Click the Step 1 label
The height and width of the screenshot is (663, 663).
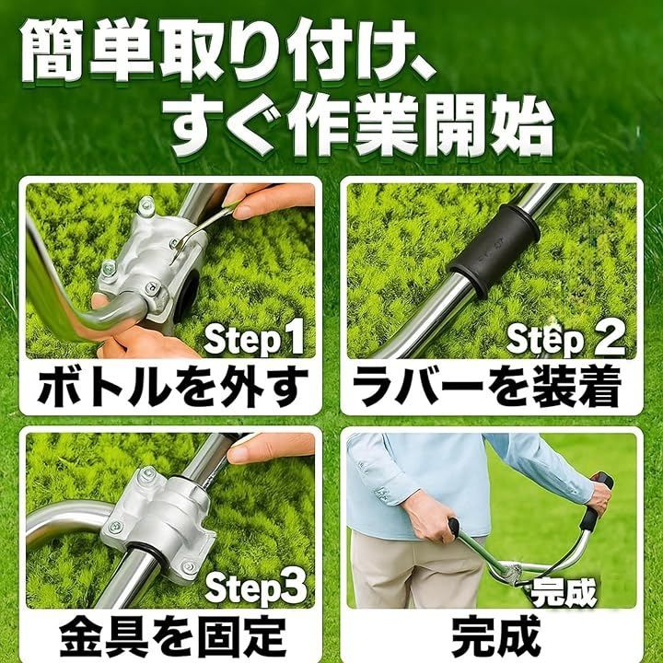[x=254, y=339]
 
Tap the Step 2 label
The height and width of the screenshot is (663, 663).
[x=565, y=339]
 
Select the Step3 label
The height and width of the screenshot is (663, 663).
[x=255, y=587]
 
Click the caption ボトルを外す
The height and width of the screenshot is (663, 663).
[x=172, y=387]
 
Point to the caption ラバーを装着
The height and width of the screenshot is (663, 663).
[x=487, y=387]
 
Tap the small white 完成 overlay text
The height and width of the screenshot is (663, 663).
[x=564, y=591]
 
